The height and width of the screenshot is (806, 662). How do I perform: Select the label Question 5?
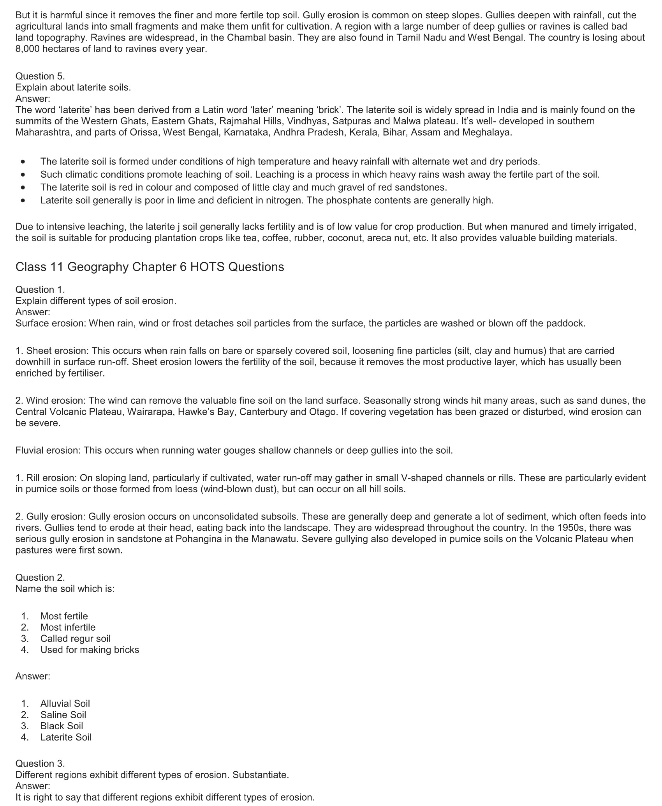[40, 76]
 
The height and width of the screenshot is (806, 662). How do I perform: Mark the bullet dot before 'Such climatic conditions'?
[24, 174]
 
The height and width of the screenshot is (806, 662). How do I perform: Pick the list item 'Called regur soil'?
[75, 638]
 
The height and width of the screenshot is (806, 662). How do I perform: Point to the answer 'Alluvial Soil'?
[65, 703]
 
